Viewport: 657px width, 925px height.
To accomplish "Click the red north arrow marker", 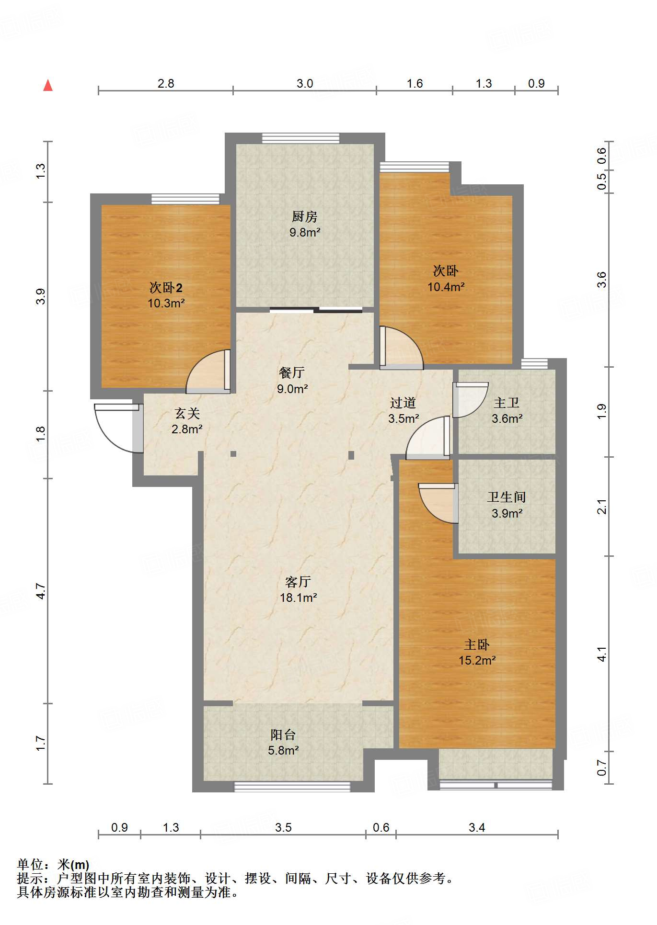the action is (x=48, y=85).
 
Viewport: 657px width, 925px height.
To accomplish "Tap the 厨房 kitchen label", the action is (x=305, y=217).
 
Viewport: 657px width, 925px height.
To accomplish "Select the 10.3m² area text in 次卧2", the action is (x=166, y=303).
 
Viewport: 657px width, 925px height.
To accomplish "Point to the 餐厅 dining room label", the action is (x=292, y=372).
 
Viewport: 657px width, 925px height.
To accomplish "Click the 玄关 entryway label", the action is (x=187, y=413).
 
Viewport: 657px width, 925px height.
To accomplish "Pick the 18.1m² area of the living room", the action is (x=299, y=598).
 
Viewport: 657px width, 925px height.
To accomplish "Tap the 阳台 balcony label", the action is (x=283, y=734).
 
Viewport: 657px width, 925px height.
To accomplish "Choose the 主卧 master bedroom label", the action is (x=477, y=644).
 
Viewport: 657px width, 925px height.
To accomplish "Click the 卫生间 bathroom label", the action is (x=507, y=497).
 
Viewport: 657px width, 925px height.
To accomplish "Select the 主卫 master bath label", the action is (x=507, y=403).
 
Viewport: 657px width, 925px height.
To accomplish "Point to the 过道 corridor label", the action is (x=403, y=403).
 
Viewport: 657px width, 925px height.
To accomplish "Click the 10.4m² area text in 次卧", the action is (x=446, y=287).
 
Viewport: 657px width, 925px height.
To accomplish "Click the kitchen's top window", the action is (x=300, y=138).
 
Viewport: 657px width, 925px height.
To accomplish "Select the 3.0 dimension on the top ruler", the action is (x=305, y=83).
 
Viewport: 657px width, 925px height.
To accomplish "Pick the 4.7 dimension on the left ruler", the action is (x=41, y=591).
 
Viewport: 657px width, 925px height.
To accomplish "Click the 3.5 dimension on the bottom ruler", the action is (x=283, y=827).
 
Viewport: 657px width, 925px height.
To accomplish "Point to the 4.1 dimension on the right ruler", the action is (x=601, y=654).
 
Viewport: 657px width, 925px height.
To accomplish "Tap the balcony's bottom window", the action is (x=292, y=787).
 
